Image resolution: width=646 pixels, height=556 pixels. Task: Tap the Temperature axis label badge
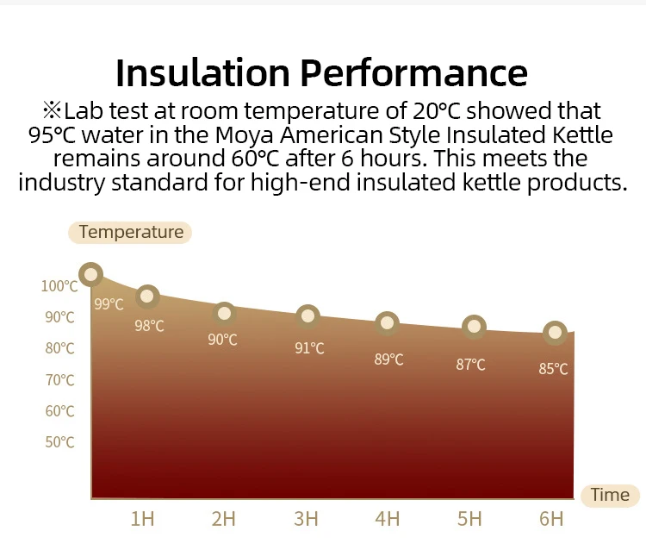130,232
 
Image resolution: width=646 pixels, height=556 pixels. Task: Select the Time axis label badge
610,495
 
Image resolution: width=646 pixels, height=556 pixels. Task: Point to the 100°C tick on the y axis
59,286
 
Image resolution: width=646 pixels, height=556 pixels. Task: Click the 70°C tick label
59,380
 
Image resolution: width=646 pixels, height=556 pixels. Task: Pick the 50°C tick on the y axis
59,442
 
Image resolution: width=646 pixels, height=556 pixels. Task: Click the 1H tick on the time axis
142,519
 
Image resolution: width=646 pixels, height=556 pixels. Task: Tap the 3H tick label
306,519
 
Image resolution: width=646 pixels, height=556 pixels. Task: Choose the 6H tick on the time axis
551,519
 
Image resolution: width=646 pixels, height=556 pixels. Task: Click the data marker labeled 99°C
90,275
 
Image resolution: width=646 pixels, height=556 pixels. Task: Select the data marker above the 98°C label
147,297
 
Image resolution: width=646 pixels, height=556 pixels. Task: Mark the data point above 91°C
307,317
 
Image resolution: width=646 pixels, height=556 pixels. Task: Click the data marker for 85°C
555,333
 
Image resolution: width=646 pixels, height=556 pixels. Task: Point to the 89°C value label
388,359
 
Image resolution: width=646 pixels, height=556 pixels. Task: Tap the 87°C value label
470,365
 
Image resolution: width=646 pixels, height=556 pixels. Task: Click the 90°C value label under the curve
222,340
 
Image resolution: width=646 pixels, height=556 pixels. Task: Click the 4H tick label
388,519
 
